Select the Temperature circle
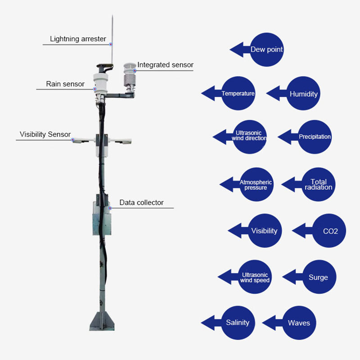pos(238,94)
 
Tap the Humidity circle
pos(303,94)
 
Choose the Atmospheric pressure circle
pos(256,184)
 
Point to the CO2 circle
pos(330,231)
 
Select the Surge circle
pos(318,277)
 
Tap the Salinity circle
pos(238,323)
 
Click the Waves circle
pos(299,323)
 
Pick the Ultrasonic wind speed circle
pos(255,277)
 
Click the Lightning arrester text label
pos(78,39)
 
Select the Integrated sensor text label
pos(165,65)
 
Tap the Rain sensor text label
pos(65,84)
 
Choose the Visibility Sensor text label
pos(45,134)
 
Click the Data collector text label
pos(141,202)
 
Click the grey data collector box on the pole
pos(102,218)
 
